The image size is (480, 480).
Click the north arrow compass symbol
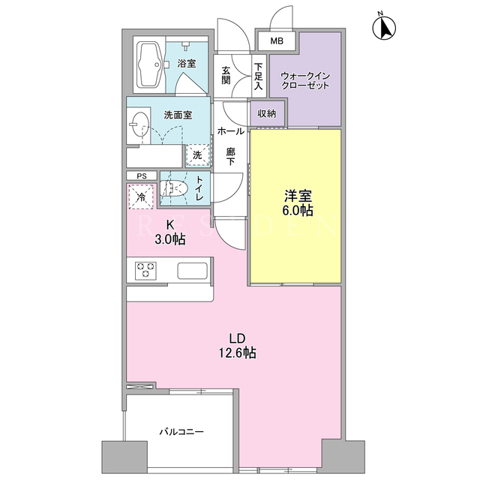384,27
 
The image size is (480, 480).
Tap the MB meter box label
277,41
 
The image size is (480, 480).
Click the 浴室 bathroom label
187,64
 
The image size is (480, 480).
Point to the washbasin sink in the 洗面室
140,124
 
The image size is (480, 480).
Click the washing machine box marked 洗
197,155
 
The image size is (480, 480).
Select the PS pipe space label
142,176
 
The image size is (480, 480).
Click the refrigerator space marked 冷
141,196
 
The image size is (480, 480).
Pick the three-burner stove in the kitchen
145,271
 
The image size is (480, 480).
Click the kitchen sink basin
193,271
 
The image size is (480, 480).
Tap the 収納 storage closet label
267,113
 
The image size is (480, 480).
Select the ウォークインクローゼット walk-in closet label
305,80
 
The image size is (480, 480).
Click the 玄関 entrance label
226,75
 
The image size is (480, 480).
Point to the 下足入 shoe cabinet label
258,76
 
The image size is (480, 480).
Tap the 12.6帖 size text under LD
237,353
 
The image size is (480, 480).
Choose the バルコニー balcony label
181,432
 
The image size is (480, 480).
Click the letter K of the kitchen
170,225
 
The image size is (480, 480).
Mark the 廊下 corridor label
230,157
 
